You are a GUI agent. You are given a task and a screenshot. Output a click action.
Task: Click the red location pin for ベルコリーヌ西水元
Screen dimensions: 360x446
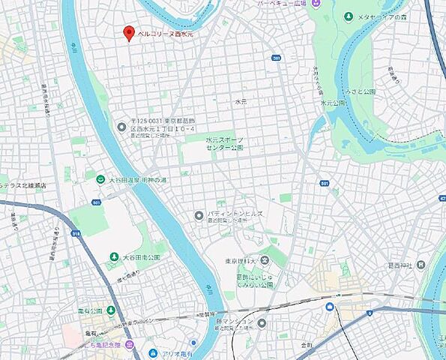coord(128,32)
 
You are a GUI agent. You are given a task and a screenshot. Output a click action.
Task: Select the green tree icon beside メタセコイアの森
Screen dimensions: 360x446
coord(349,16)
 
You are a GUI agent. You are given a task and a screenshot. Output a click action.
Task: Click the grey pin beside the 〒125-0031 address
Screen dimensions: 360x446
coord(121,126)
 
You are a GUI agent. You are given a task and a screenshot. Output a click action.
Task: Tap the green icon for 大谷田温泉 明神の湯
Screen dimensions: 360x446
coord(100,178)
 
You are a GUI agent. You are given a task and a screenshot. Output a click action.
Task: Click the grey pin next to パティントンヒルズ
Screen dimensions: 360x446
coord(199,215)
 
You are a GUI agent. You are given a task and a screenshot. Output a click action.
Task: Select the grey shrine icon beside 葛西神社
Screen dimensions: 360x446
coord(421,265)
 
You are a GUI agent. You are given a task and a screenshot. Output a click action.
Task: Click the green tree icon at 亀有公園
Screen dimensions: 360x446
coord(111,310)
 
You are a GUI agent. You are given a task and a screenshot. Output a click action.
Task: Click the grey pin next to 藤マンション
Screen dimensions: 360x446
coord(262,323)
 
